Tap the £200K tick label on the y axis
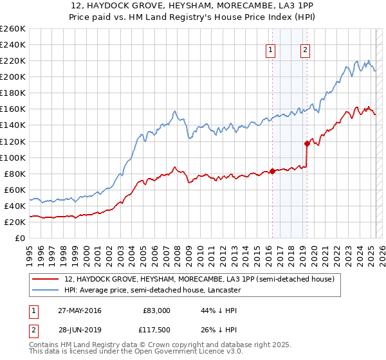click(14, 76)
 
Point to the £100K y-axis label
click(14, 157)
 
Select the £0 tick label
click(19, 238)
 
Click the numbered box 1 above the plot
click(270, 51)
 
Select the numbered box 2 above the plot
click(305, 51)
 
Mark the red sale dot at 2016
click(272, 171)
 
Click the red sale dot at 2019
click(308, 143)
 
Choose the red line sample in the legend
click(46, 280)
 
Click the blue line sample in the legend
click(46, 291)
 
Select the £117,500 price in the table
click(156, 330)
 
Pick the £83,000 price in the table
click(156, 310)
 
